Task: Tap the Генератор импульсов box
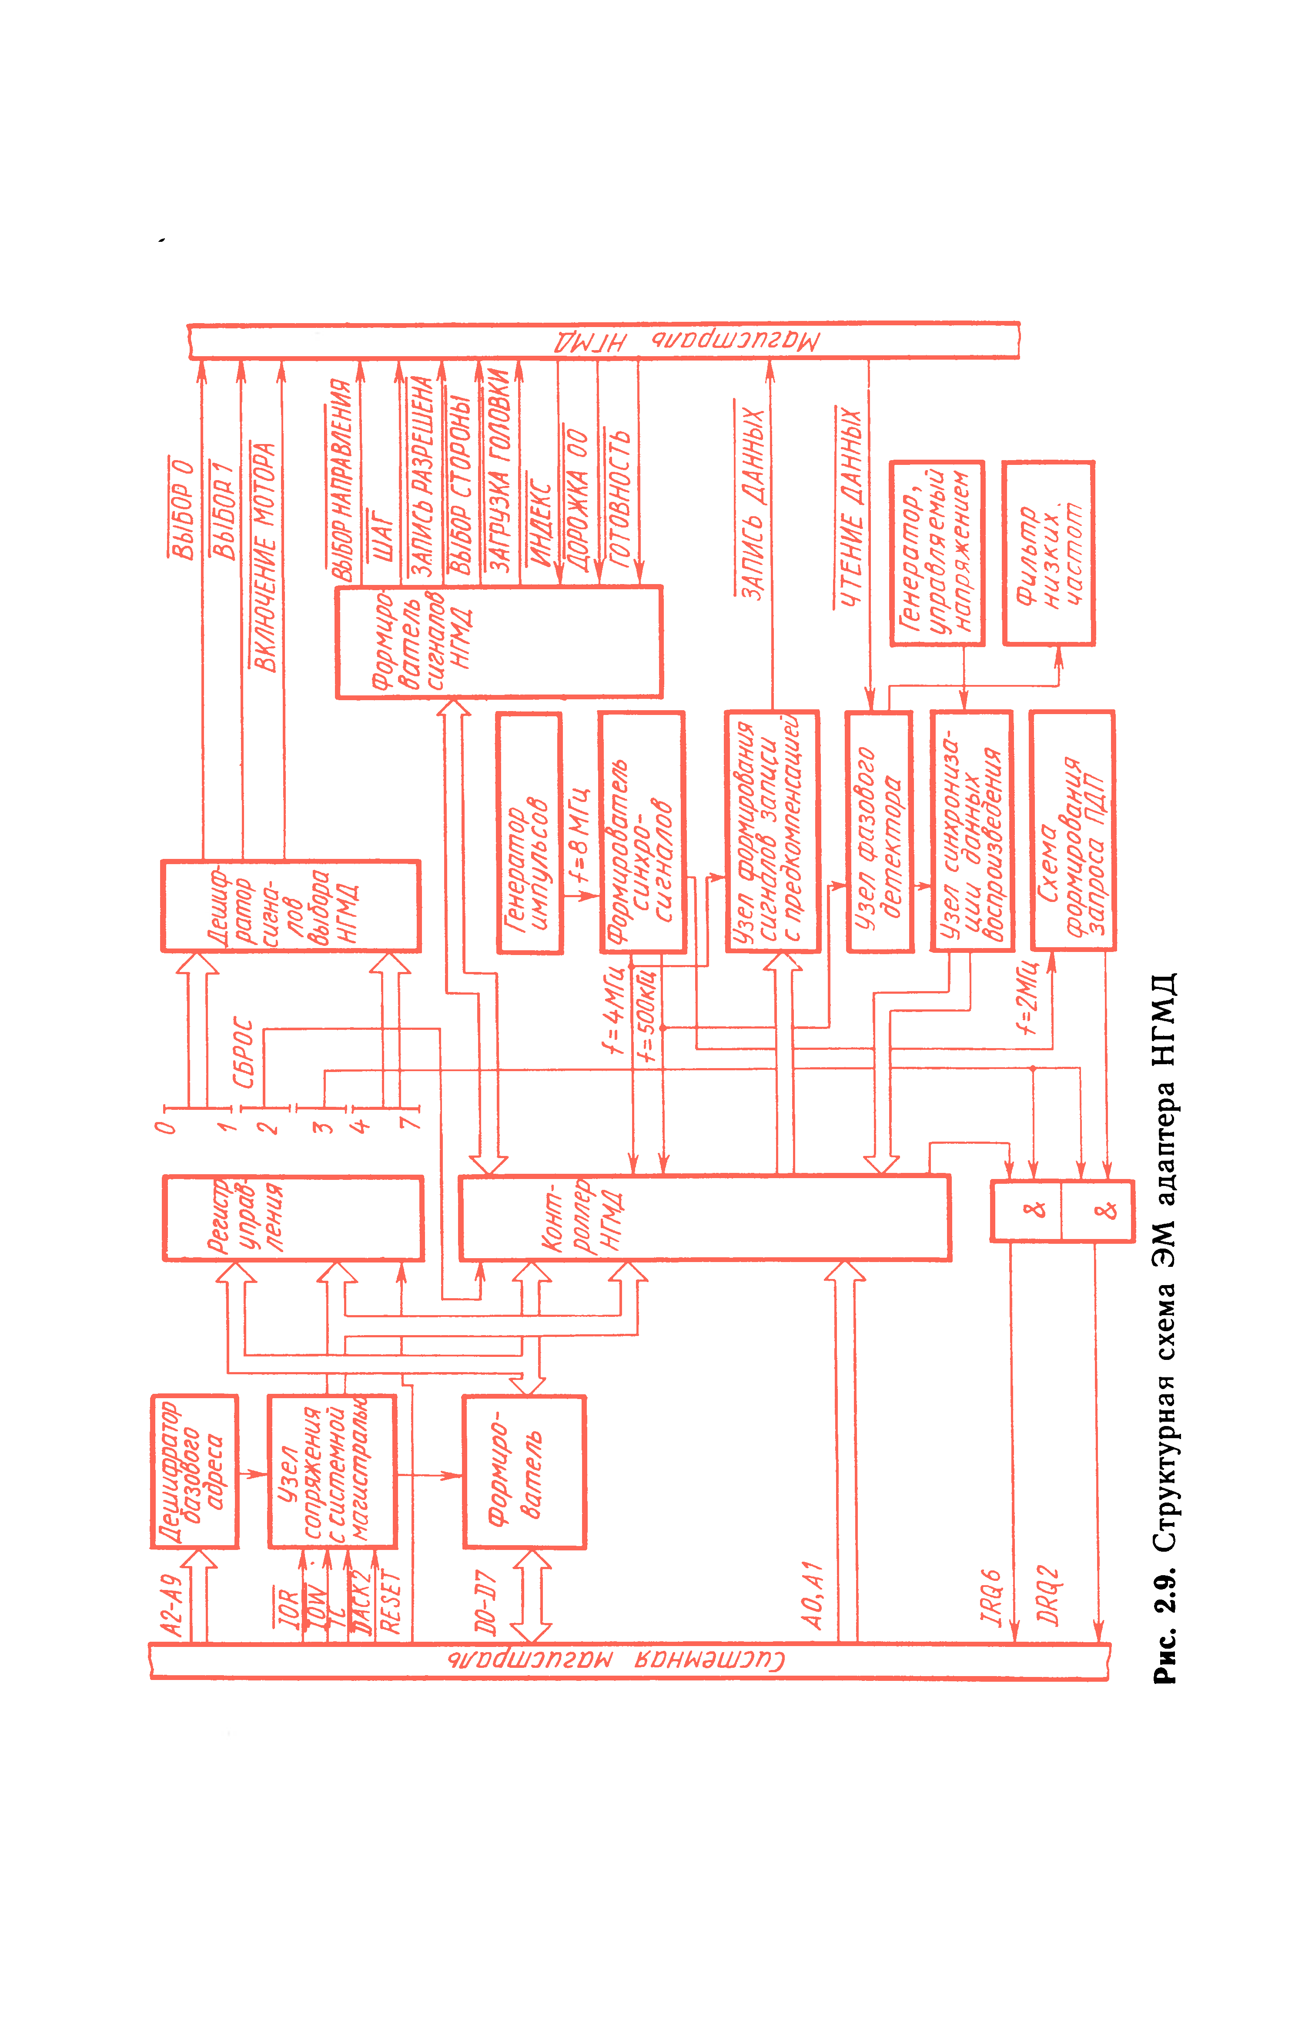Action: pos(529,833)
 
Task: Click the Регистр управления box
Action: pos(293,1218)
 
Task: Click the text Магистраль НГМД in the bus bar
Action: pos(688,341)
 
